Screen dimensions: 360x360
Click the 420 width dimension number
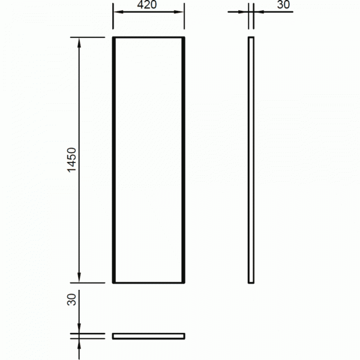point(147,5)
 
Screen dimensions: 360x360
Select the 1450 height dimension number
point(71,160)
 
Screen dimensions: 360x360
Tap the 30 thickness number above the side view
point(283,5)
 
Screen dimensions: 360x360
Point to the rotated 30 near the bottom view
point(71,299)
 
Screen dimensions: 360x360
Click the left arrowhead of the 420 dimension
point(118,12)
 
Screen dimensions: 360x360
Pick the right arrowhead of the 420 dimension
point(179,12)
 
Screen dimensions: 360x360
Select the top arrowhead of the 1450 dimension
point(79,43)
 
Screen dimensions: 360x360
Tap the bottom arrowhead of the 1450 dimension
point(79,277)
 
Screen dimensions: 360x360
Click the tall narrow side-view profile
point(251,160)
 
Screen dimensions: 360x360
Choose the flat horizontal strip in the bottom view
point(149,336)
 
